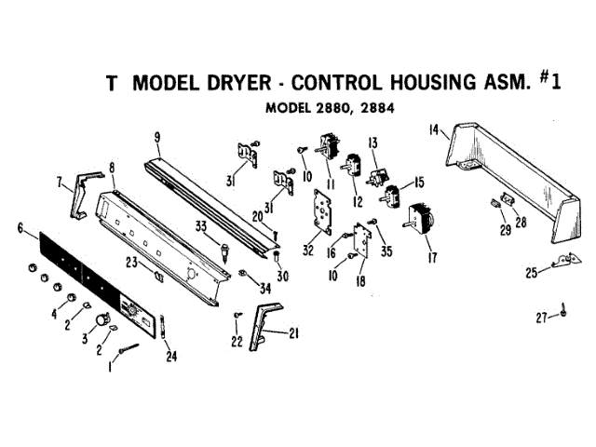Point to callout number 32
[x=307, y=250]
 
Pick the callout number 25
[x=531, y=273]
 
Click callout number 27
[x=541, y=318]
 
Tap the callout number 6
[x=20, y=227]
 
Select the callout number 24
[x=170, y=355]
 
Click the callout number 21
[x=294, y=332]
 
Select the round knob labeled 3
[x=93, y=321]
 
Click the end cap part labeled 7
[x=78, y=195]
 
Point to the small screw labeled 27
[x=564, y=314]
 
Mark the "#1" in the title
[x=551, y=80]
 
